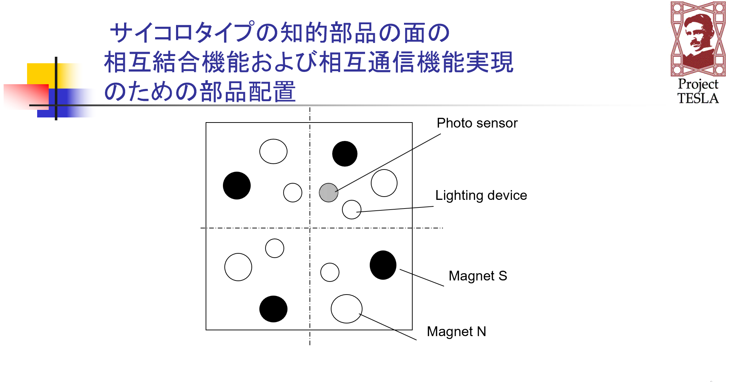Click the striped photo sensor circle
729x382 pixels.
pyautogui.click(x=328, y=193)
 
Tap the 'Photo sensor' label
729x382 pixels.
pyautogui.click(x=477, y=123)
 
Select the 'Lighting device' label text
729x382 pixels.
pyautogui.click(x=481, y=196)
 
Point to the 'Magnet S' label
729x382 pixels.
pyautogui.click(x=478, y=276)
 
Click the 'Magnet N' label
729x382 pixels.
pyautogui.click(x=456, y=332)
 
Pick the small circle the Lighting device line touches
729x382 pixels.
pyautogui.click(x=351, y=210)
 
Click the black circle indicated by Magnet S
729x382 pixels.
pyautogui.click(x=383, y=265)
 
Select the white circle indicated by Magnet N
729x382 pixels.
pyautogui.click(x=346, y=309)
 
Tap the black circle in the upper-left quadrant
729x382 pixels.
pyautogui.click(x=237, y=185)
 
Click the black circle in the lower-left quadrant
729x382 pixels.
pyautogui.click(x=273, y=309)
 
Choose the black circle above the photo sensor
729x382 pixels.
pyautogui.click(x=345, y=154)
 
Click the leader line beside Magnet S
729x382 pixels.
pyautogui.click(x=422, y=278)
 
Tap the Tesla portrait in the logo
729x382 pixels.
pyautogui.click(x=698, y=36)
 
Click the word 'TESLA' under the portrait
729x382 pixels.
pyautogui.click(x=698, y=98)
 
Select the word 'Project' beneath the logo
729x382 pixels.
pyautogui.click(x=698, y=84)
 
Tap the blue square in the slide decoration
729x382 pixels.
pyautogui.click(x=69, y=105)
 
